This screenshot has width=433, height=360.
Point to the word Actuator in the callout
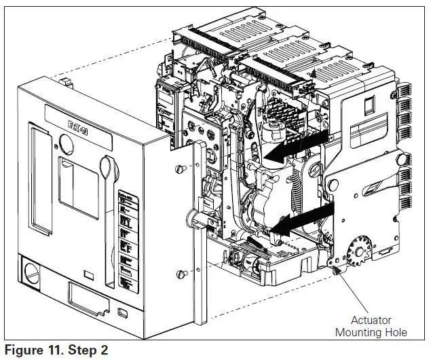point(371,320)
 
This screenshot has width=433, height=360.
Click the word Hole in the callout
point(392,332)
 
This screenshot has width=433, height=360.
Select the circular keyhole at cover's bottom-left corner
point(32,272)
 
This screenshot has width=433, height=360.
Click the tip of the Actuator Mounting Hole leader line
point(336,272)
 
